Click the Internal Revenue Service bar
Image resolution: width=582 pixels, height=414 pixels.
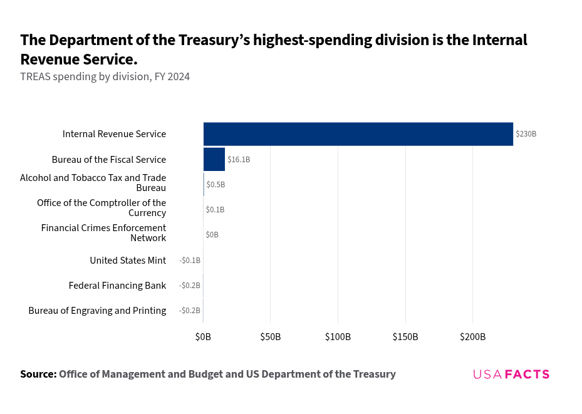click(x=358, y=134)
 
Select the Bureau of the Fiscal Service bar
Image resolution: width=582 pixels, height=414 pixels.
click(x=214, y=159)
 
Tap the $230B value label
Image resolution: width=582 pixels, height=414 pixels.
click(x=526, y=134)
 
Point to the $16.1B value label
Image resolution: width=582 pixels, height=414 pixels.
click(x=239, y=160)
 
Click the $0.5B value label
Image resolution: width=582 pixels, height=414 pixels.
click(x=216, y=185)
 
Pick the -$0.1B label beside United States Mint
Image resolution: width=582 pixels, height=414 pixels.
click(x=190, y=260)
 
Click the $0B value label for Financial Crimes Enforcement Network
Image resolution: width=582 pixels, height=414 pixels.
click(x=212, y=235)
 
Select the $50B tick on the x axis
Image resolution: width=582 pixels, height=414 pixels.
click(x=271, y=337)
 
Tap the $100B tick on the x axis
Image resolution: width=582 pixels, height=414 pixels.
click(x=338, y=337)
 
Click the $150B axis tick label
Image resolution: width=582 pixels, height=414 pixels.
click(x=405, y=337)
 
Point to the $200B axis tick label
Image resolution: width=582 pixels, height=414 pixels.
click(x=472, y=337)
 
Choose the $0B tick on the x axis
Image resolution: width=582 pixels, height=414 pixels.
click(x=203, y=337)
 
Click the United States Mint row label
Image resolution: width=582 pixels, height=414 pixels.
click(x=128, y=260)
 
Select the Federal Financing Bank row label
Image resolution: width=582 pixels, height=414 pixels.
click(x=117, y=285)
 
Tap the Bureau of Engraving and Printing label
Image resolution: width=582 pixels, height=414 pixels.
click(x=97, y=310)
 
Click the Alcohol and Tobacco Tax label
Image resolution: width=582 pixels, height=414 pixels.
click(x=93, y=182)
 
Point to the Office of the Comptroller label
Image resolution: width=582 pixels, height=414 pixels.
click(x=101, y=207)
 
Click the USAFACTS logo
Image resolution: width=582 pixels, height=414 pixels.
click(x=511, y=374)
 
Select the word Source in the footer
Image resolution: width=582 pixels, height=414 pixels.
click(x=38, y=374)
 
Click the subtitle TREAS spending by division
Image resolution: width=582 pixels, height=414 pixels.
click(x=105, y=77)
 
